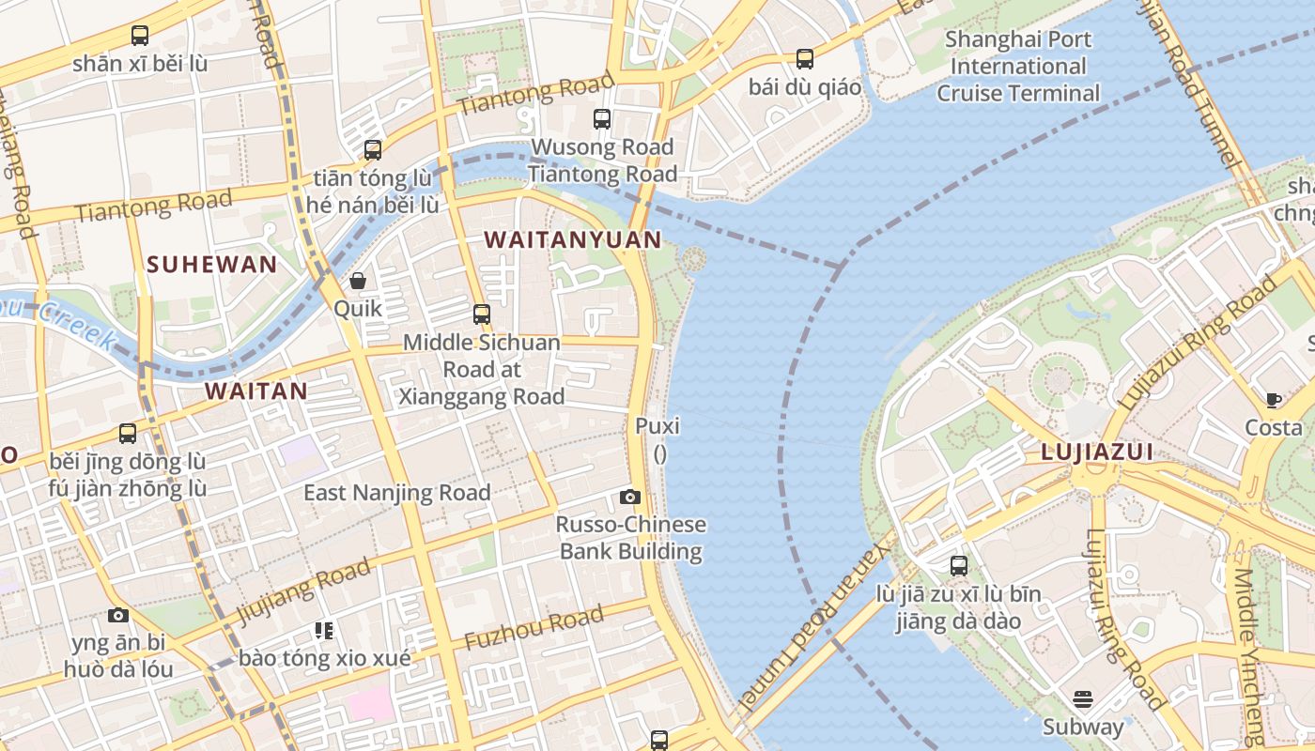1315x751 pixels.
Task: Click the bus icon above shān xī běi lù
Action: pos(140,36)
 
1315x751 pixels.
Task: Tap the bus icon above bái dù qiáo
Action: pos(805,59)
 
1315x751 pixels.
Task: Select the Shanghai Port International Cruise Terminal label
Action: pos(1017,67)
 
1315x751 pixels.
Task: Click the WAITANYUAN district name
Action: pos(573,240)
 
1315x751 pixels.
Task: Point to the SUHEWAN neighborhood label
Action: pos(212,265)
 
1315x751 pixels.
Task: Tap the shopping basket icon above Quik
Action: pos(358,281)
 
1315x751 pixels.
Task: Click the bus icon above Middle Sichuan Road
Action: pos(482,314)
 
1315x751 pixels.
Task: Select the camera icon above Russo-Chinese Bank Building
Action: pos(630,497)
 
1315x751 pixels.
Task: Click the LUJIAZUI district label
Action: pos(1096,452)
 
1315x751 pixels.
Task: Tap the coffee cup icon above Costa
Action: pos(1274,401)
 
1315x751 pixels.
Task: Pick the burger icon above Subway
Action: pos(1083,699)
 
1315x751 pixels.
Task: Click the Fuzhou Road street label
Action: pos(534,630)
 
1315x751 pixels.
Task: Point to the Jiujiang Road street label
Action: pos(302,592)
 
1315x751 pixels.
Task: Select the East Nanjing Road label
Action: pos(396,493)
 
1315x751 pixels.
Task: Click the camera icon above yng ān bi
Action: pos(118,616)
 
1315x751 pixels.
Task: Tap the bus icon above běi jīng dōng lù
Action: pos(128,434)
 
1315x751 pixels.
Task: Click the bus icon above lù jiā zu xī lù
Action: pos(958,566)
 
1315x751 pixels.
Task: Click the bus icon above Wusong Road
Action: pos(602,119)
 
